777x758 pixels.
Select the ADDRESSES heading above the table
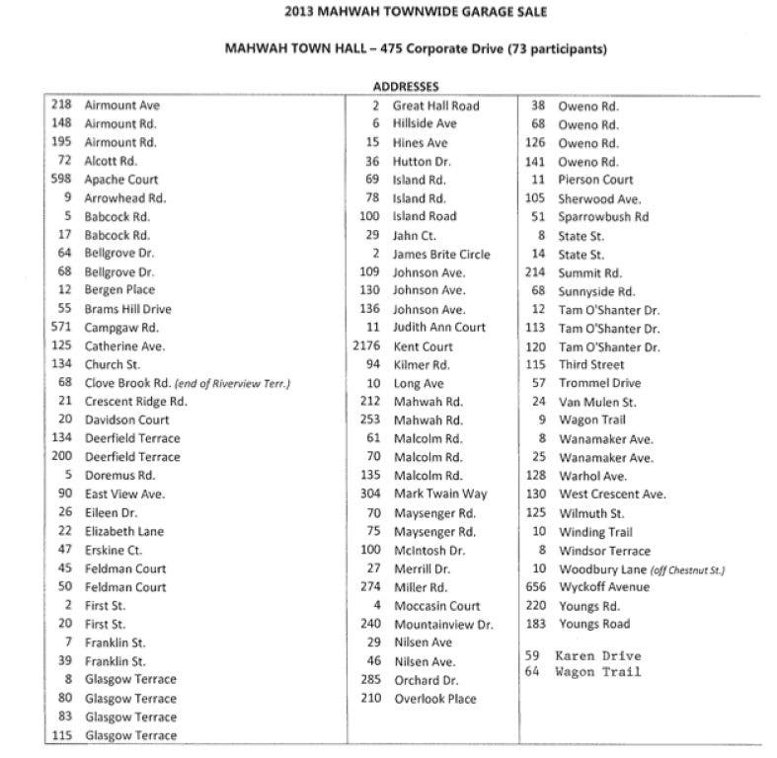click(406, 87)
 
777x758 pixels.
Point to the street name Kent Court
click(423, 346)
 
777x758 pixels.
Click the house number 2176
click(366, 346)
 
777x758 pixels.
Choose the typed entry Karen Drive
click(597, 655)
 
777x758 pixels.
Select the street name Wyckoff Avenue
click(604, 587)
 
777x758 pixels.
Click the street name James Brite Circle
click(440, 254)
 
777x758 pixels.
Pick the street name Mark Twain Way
click(439, 494)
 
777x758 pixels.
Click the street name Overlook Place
click(434, 699)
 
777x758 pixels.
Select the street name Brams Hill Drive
click(127, 309)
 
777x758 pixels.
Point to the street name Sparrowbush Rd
click(603, 217)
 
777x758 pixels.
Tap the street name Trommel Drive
click(599, 383)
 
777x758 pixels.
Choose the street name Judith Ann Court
click(439, 328)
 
